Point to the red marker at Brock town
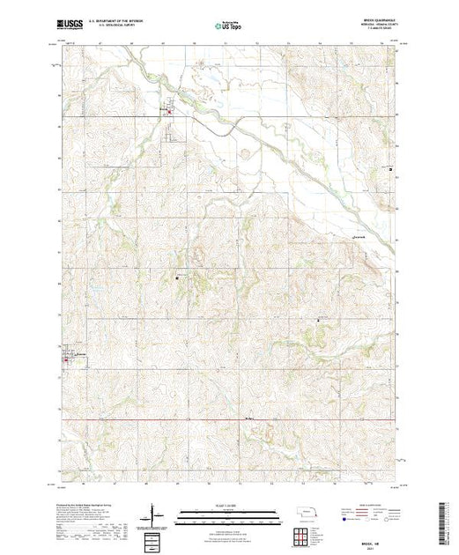[x=171, y=110]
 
